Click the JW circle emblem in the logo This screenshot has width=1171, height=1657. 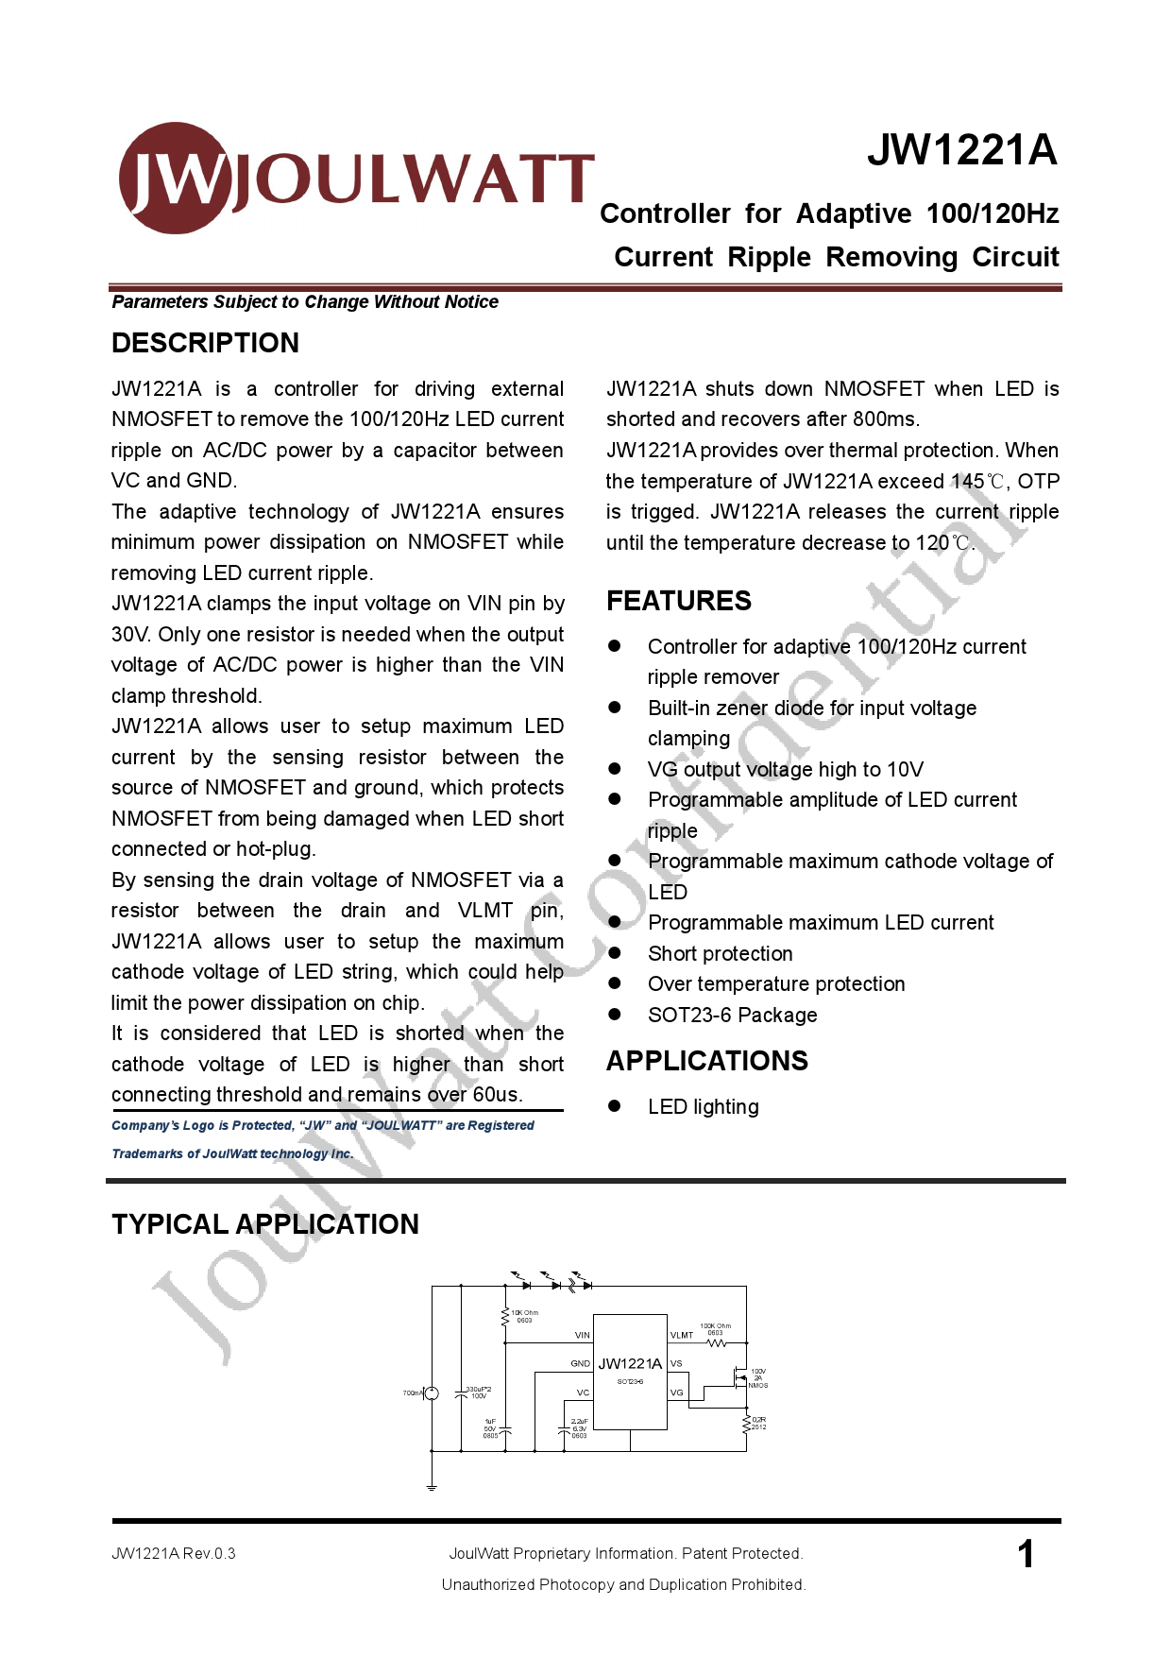click(x=176, y=178)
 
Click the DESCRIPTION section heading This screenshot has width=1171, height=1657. click(x=205, y=343)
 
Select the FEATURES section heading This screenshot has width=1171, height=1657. click(x=678, y=601)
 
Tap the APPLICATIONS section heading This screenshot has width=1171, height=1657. click(x=706, y=1061)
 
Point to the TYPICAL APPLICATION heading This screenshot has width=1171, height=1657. click(x=264, y=1224)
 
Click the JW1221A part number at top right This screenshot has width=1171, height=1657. click(x=961, y=150)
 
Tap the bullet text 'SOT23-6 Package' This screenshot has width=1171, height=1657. click(x=732, y=1015)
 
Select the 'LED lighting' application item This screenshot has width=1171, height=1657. click(x=703, y=1106)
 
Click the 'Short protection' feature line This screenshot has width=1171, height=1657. click(x=720, y=953)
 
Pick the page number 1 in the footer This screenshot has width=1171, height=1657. click(x=1026, y=1554)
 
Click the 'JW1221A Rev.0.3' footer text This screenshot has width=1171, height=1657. click(x=173, y=1553)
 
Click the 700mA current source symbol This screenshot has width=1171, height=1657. click(x=432, y=1393)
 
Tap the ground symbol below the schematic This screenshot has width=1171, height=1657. click(x=432, y=1488)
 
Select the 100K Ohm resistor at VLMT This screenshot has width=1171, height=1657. click(x=717, y=1342)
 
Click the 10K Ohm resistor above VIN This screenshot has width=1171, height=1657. click(x=505, y=1315)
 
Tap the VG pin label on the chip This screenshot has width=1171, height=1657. click(x=676, y=1392)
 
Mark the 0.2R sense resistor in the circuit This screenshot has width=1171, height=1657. click(x=746, y=1424)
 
